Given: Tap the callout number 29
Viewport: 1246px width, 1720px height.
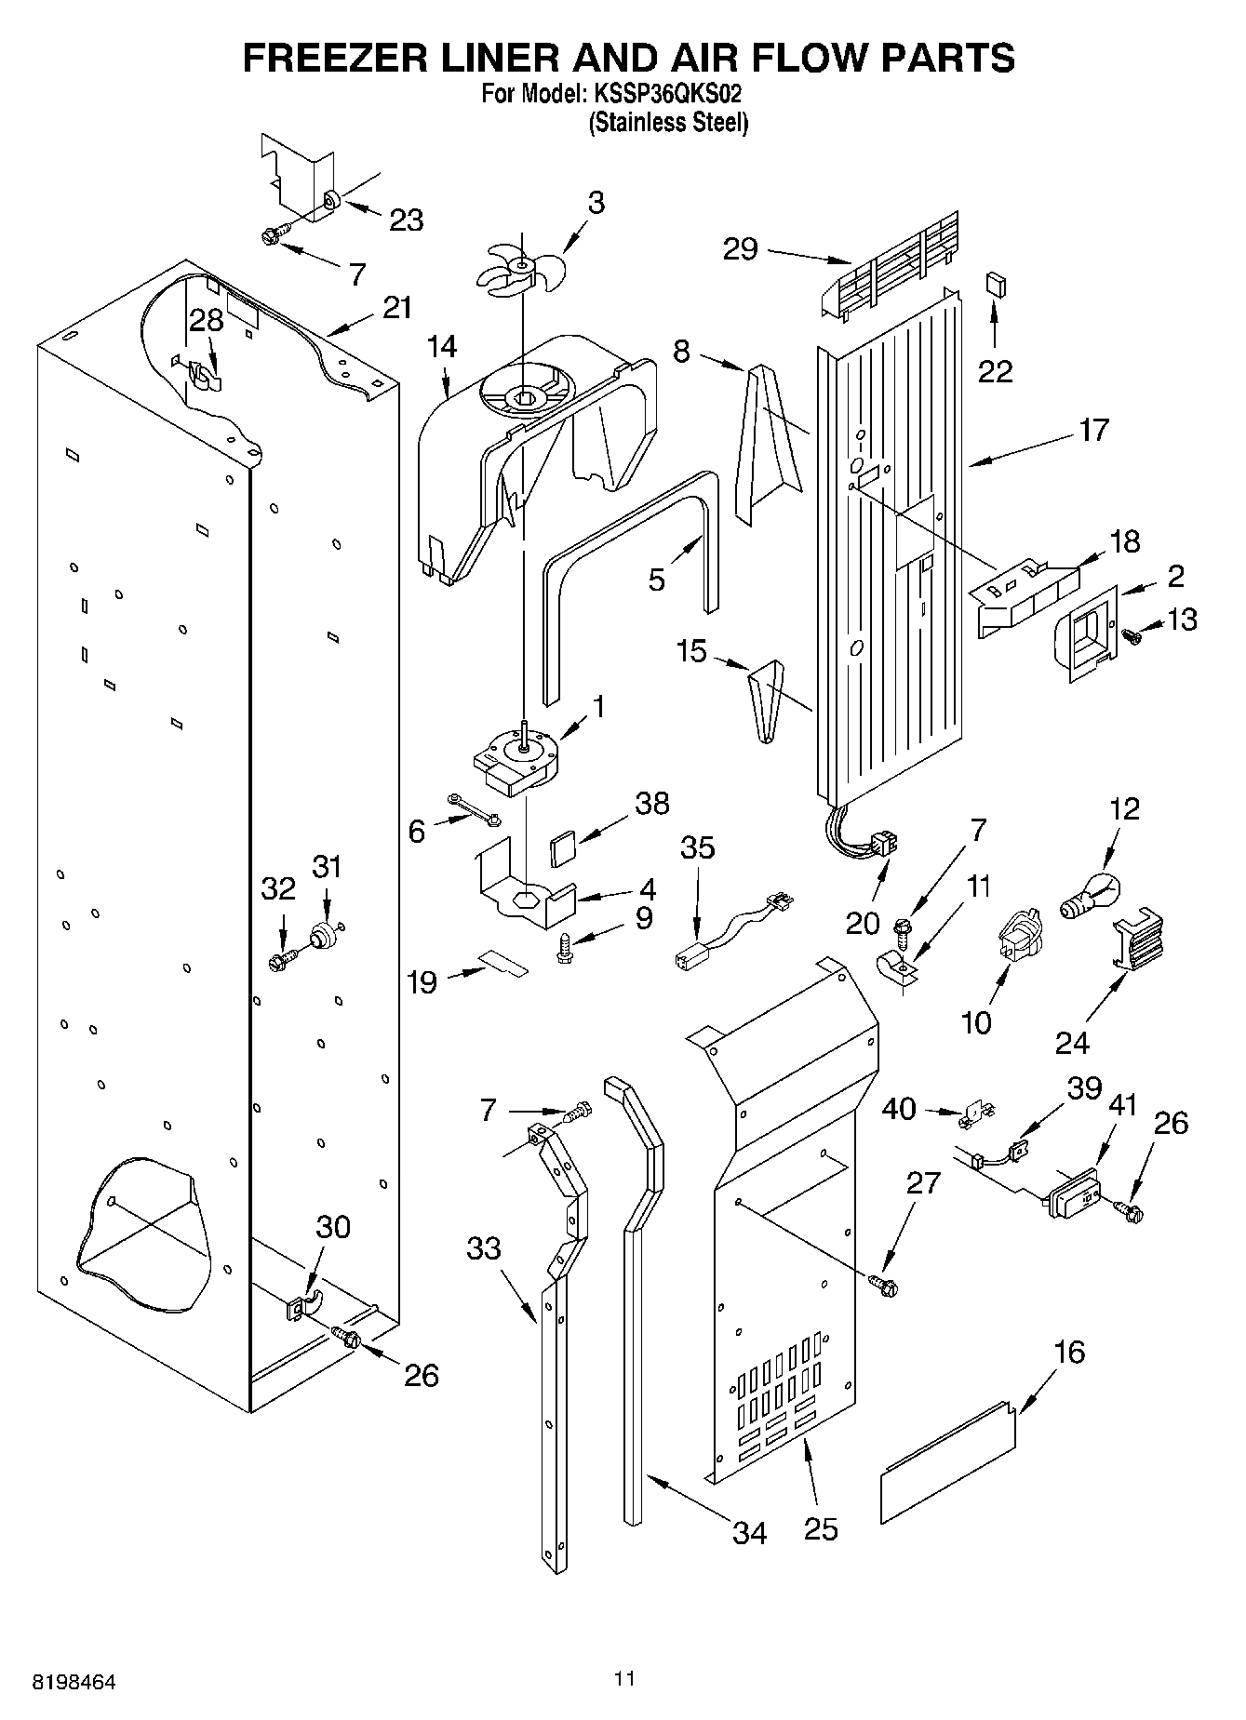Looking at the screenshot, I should point(741,249).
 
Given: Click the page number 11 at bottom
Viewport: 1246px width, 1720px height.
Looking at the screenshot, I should point(624,1678).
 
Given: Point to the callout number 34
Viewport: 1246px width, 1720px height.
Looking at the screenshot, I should point(749,1531).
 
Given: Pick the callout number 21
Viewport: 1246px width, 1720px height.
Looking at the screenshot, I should point(397,308).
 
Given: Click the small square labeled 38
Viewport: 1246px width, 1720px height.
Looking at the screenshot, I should point(562,849).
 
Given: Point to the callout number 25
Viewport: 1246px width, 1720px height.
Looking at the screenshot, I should point(821,1528).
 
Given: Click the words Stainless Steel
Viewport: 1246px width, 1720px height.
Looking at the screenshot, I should point(668,122).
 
